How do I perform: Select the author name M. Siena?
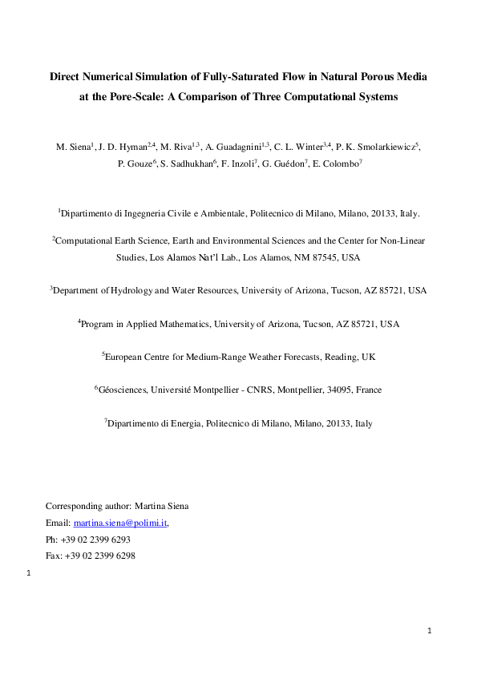coord(73,148)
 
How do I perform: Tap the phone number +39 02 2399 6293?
coord(95,540)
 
